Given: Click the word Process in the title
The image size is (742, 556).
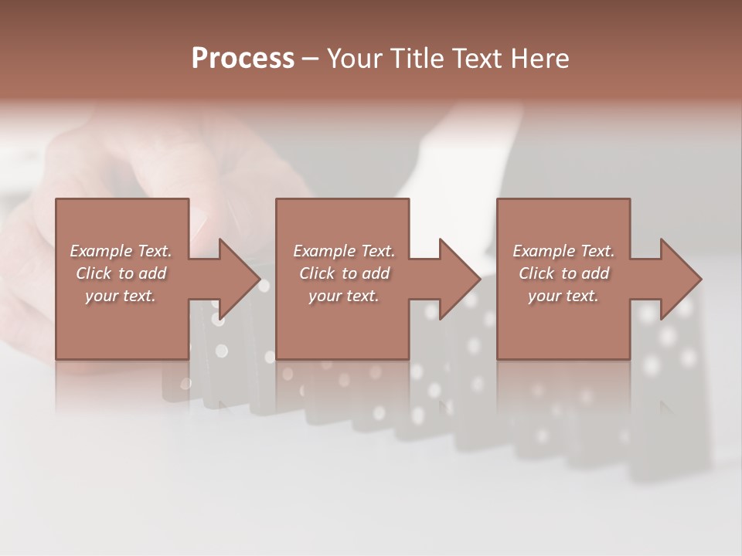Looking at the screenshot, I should pos(243,59).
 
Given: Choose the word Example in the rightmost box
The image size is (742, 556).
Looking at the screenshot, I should pos(543,251).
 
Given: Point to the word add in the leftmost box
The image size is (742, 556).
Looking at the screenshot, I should pos(152,273).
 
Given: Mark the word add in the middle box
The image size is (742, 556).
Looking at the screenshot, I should pos(375,273).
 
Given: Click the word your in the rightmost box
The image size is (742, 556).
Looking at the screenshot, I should pos(545,297).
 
